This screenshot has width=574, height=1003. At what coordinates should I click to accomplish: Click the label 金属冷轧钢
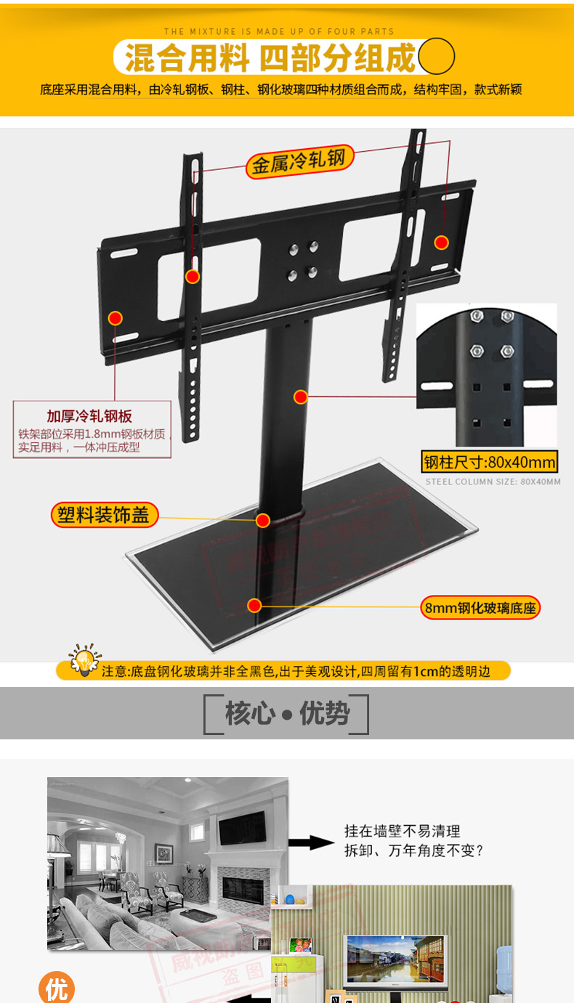click(x=299, y=161)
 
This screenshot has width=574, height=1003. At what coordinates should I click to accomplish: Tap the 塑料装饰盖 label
click(x=104, y=515)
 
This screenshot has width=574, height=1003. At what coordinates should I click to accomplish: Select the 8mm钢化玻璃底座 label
click(x=481, y=608)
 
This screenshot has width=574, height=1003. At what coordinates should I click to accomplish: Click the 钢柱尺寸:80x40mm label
click(x=490, y=462)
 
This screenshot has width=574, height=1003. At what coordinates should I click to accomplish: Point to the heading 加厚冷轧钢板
click(x=89, y=416)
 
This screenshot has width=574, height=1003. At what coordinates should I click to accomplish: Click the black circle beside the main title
click(x=437, y=57)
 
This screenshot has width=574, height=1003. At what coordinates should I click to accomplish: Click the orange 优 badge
click(x=57, y=988)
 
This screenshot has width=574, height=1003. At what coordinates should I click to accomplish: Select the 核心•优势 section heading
click(x=287, y=714)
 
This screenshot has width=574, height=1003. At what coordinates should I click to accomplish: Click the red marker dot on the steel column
click(x=301, y=397)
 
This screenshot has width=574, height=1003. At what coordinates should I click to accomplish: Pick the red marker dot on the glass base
click(x=254, y=605)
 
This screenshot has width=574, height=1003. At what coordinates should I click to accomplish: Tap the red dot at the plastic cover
click(x=263, y=520)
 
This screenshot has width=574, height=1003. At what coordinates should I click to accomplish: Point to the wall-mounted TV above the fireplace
click(x=242, y=828)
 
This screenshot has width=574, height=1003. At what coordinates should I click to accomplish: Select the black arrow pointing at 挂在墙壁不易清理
click(x=311, y=842)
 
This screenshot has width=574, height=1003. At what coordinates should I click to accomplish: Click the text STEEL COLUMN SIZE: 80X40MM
click(x=493, y=482)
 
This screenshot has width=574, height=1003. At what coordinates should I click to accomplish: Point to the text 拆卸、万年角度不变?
click(x=413, y=850)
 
